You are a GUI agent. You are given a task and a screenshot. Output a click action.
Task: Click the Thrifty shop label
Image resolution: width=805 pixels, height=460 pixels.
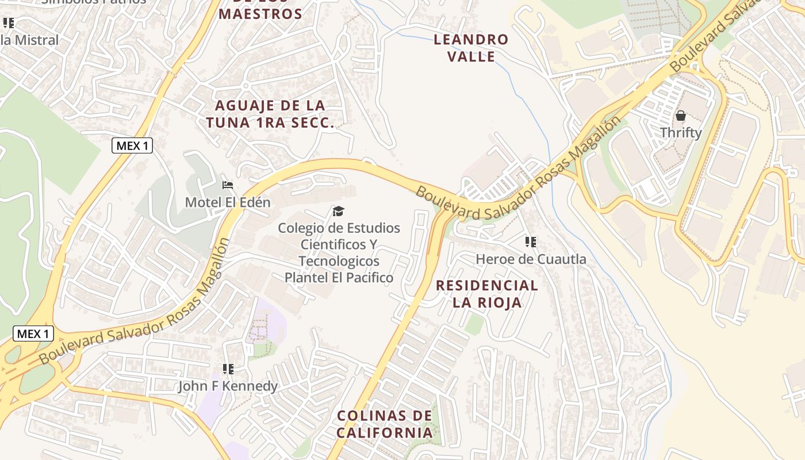[681, 133]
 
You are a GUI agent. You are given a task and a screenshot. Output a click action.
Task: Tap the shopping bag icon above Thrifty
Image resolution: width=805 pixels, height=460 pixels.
[681, 116]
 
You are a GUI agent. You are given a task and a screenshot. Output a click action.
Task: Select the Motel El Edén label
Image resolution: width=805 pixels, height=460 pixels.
[228, 202]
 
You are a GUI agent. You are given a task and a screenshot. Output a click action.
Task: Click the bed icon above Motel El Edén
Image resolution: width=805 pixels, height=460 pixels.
[228, 185]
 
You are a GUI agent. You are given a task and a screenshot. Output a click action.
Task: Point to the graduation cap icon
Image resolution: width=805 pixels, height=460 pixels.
[339, 212]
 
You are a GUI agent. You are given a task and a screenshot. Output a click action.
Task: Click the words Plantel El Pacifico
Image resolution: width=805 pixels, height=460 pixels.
[339, 278]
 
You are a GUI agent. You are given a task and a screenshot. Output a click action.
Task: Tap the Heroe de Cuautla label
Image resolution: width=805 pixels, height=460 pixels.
[531, 259]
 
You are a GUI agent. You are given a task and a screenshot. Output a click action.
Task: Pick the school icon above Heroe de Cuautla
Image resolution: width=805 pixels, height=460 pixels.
[531, 242]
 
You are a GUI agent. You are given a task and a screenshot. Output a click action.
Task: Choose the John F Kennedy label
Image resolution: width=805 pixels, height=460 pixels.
[228, 386]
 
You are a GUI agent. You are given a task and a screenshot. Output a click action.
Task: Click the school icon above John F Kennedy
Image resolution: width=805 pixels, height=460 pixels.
[228, 369]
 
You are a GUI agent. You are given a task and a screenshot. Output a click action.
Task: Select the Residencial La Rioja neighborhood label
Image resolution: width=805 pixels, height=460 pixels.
[487, 294]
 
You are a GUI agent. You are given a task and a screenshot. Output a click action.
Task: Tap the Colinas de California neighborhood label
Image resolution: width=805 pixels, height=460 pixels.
[385, 424]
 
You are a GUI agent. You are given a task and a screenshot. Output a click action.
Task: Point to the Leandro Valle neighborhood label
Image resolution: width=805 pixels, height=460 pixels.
[471, 48]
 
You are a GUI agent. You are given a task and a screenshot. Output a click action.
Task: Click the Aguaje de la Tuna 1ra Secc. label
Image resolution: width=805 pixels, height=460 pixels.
[270, 114]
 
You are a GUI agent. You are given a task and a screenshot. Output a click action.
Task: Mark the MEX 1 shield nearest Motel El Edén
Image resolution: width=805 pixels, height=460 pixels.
[132, 146]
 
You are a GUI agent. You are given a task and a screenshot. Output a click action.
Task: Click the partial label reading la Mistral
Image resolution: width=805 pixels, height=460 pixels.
[30, 40]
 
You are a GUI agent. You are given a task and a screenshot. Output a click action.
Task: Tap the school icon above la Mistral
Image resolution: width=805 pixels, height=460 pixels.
[9, 24]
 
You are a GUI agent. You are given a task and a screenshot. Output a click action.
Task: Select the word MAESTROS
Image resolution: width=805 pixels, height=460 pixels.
[260, 14]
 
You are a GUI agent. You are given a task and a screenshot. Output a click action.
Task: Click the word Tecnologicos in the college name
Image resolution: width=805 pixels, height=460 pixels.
[339, 261]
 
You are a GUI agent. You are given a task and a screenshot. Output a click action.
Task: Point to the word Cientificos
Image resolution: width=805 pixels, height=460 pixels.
[339, 244]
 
